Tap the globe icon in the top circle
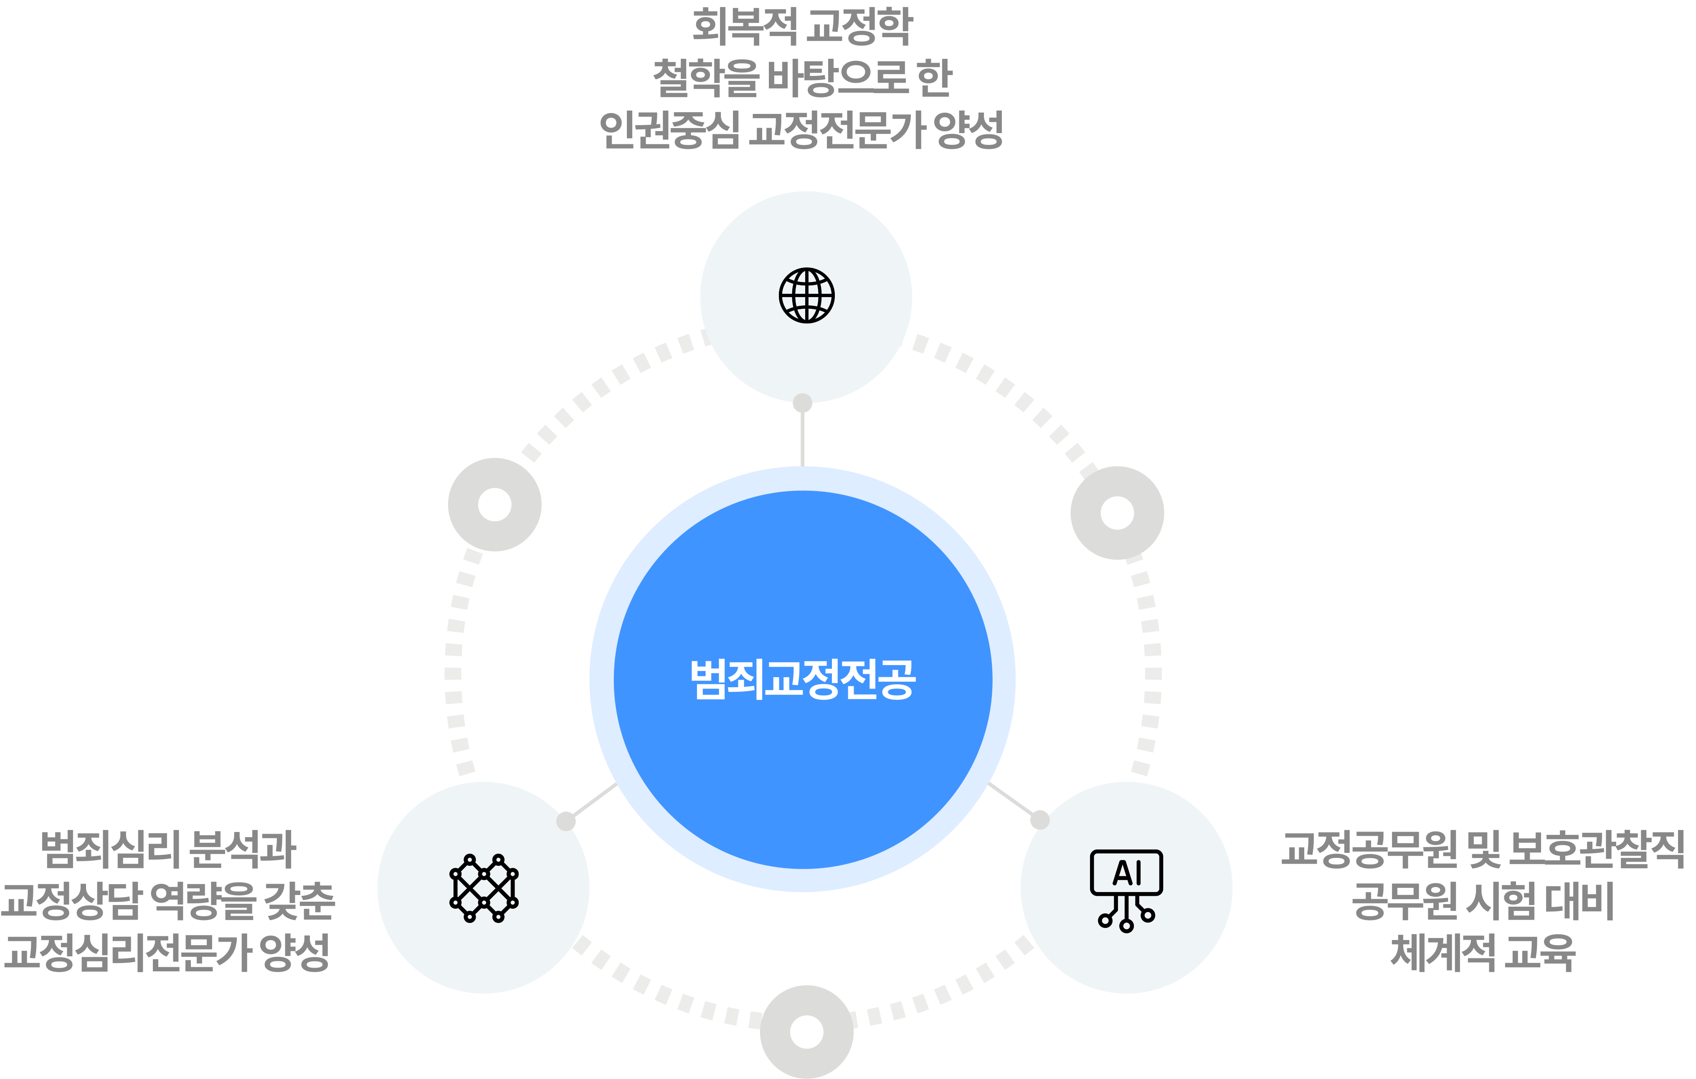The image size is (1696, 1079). coord(806,295)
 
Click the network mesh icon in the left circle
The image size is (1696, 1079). coord(484,888)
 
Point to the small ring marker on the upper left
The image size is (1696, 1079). coord(494,504)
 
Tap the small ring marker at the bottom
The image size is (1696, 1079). coord(806,1032)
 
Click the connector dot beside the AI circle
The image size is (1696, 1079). coord(1039,820)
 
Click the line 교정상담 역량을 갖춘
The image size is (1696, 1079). coord(167,901)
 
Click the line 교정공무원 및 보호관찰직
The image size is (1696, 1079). coord(1483,850)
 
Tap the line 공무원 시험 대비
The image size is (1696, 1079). coord(1483,901)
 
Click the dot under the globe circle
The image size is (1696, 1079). coord(802,403)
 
